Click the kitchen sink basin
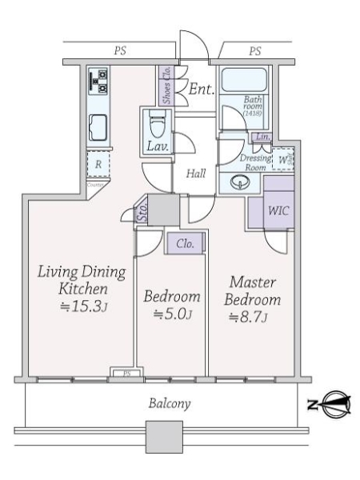[102, 126]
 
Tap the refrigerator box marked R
[98, 165]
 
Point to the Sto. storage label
[142, 213]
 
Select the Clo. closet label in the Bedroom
[181, 243]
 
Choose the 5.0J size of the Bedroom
[171, 314]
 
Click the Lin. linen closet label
[262, 138]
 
